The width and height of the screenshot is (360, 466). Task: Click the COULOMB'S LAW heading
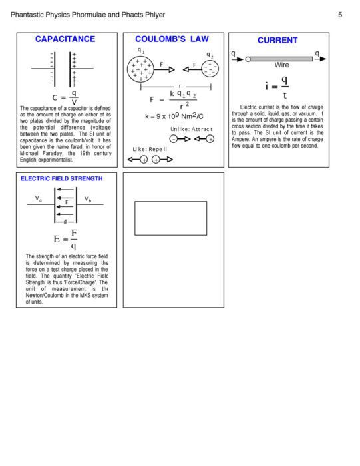(172, 40)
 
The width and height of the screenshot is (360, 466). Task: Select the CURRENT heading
(277, 40)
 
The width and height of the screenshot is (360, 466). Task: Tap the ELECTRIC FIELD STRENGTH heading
(62, 178)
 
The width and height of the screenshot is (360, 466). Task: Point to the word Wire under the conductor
(282, 66)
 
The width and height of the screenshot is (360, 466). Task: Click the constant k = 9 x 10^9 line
(174, 116)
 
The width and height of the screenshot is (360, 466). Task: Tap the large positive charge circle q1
(140, 69)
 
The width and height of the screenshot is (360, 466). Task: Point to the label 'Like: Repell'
(150, 149)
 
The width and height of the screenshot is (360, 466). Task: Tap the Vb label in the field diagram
(89, 198)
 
